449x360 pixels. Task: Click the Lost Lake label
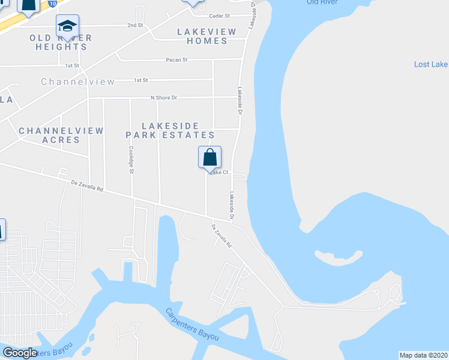430,64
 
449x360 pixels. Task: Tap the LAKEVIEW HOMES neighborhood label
202,36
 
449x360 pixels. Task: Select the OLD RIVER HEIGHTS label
61,42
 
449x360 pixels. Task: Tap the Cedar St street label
220,16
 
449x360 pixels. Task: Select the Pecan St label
177,60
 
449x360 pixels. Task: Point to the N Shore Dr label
164,97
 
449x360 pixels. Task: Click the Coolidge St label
131,160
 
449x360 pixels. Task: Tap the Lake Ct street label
220,173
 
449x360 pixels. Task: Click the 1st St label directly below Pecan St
141,80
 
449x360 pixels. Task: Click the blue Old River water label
322,2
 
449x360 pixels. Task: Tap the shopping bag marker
209,157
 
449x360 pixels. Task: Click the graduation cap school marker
67,26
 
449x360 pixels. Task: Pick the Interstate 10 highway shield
52,4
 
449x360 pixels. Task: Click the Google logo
20,353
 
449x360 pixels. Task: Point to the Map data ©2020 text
423,355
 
